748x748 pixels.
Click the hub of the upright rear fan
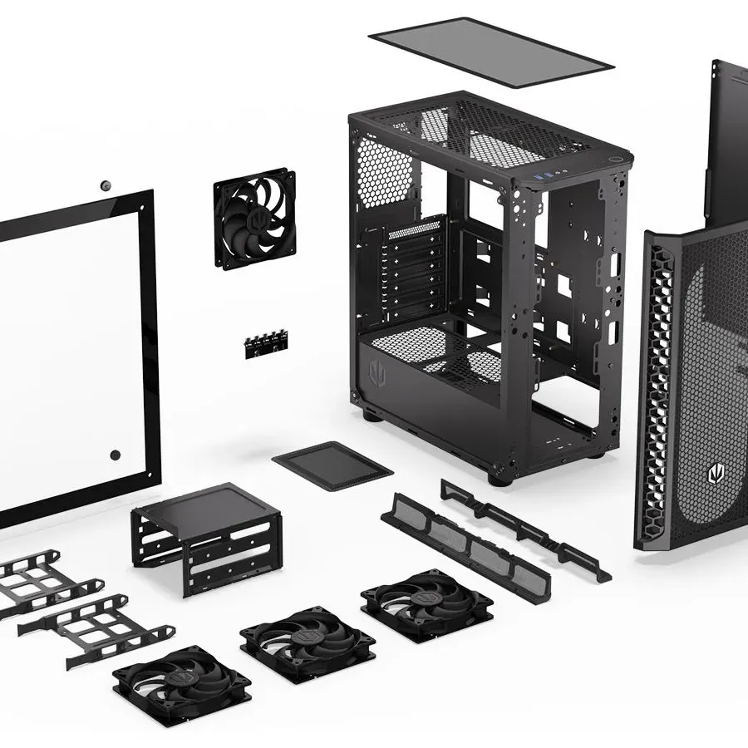pyautogui.click(x=255, y=218)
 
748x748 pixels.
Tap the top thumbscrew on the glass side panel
pyautogui.click(x=106, y=185)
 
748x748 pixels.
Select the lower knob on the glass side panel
pyautogui.click(x=115, y=455)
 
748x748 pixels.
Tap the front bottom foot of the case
pyautogui.click(x=496, y=479)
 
